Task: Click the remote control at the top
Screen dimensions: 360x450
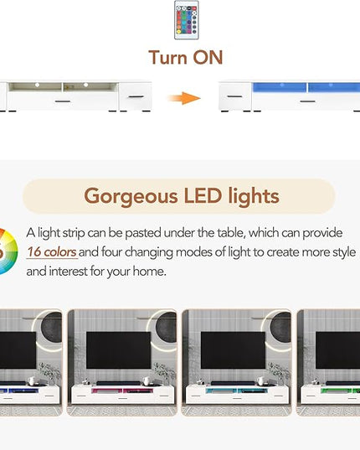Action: pyautogui.click(x=187, y=20)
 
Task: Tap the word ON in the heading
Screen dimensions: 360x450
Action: pyautogui.click(x=208, y=57)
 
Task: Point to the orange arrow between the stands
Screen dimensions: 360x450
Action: pyautogui.click(x=183, y=98)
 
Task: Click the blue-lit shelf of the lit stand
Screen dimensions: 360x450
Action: pyautogui.click(x=306, y=87)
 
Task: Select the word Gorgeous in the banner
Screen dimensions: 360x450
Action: pyautogui.click(x=131, y=197)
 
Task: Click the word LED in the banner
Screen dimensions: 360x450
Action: pyautogui.click(x=203, y=196)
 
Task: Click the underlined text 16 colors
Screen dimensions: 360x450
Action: pyautogui.click(x=52, y=252)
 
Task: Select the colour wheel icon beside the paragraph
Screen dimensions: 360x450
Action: pyautogui.click(x=8, y=251)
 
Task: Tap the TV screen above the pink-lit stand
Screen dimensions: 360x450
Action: pyautogui.click(x=119, y=350)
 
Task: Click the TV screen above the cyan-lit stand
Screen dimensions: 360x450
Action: pyautogui.click(x=233, y=350)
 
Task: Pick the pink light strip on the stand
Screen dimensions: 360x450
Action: pyautogui.click(x=122, y=391)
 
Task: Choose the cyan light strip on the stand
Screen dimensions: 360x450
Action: pyautogui.click(x=237, y=391)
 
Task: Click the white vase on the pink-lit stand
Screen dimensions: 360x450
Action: pyautogui.click(x=146, y=380)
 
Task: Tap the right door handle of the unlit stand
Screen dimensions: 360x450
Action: pyautogui.click(x=136, y=96)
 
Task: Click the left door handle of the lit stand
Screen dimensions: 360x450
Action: pyautogui.click(x=234, y=96)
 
